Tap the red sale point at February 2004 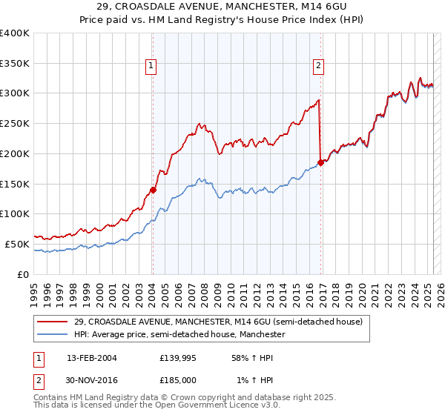153,190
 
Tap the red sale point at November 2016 321,162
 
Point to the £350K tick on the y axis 15,64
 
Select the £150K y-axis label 15,184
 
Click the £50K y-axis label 16,244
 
